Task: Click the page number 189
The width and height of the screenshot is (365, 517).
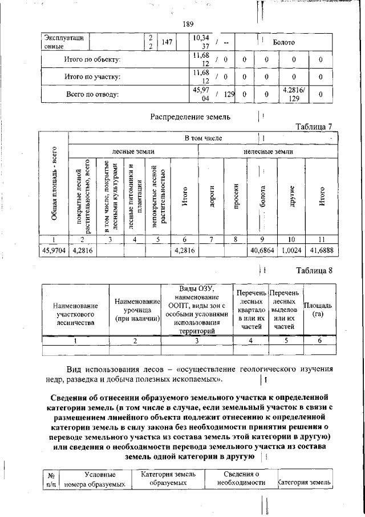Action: (189, 24)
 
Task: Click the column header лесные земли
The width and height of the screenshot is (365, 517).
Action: (133, 151)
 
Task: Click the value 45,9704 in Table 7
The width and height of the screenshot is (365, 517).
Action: (53, 250)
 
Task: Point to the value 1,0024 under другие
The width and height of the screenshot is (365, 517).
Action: (291, 250)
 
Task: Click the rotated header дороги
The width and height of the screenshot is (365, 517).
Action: (211, 196)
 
